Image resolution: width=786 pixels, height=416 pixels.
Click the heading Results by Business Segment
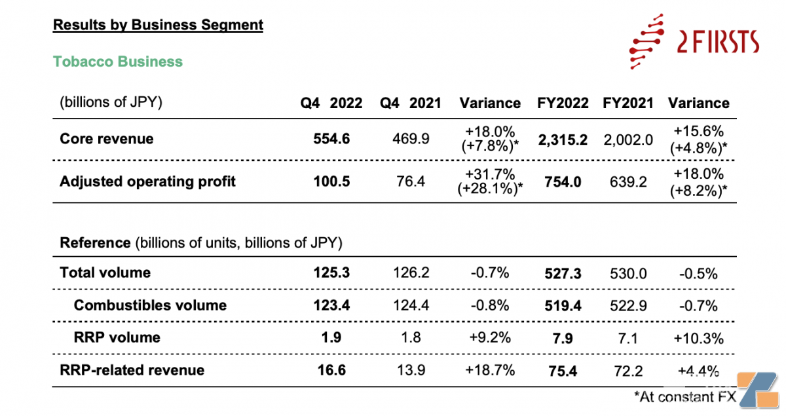click(x=158, y=25)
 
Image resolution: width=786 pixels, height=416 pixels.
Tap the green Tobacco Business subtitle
click(x=118, y=62)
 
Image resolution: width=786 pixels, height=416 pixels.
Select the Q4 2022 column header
click(x=331, y=103)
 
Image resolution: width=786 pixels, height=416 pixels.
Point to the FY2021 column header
click(x=628, y=103)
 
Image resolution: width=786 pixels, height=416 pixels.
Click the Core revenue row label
click(x=107, y=139)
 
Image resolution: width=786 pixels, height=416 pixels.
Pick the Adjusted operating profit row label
click(x=147, y=181)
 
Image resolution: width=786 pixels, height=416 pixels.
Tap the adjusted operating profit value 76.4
click(x=411, y=181)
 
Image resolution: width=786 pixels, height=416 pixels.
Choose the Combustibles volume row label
click(x=150, y=305)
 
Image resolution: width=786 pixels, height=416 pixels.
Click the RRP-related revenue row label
click(x=132, y=370)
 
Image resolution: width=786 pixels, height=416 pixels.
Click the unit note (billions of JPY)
click(x=111, y=103)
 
